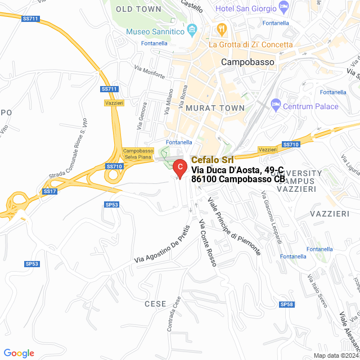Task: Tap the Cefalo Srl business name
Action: (212, 160)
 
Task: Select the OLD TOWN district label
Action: (139, 9)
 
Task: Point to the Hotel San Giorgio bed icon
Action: (283, 8)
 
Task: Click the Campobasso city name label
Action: (247, 61)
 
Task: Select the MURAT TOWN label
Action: (215, 107)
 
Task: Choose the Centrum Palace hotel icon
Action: (276, 104)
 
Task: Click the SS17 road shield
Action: (50, 192)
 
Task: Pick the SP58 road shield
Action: (286, 304)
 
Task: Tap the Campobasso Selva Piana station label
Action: (138, 155)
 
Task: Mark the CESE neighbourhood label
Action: (155, 304)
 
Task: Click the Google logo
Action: (19, 353)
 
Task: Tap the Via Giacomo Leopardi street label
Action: (272, 215)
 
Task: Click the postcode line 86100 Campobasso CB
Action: (238, 179)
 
